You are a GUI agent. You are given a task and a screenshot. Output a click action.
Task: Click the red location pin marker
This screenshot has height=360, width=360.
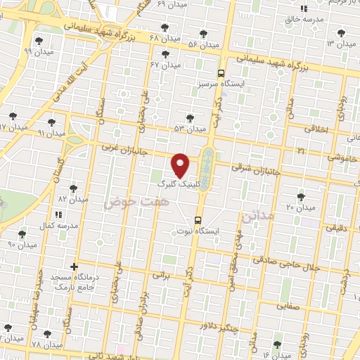[x=181, y=165]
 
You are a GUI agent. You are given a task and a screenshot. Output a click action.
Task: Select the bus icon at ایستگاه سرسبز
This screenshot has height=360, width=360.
[x=221, y=73]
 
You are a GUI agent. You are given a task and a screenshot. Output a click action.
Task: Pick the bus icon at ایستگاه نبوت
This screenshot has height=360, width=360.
[x=200, y=219]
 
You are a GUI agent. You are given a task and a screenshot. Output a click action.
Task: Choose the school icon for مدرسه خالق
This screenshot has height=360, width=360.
[x=304, y=8]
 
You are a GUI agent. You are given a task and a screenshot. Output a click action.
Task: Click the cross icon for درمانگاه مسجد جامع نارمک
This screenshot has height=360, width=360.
[x=73, y=267]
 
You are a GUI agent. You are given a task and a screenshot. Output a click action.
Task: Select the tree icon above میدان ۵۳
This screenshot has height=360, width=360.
[x=188, y=118]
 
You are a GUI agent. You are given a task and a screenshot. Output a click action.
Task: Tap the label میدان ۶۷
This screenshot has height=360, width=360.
[x=165, y=65]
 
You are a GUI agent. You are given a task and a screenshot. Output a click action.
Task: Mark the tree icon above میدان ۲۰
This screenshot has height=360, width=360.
[x=301, y=196]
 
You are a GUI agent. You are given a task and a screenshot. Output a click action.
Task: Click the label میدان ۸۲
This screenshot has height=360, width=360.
[x=73, y=199]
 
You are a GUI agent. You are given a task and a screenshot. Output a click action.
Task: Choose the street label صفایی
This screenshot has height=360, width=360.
[x=288, y=307]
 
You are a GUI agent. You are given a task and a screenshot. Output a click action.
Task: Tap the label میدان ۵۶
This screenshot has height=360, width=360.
[x=203, y=45]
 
